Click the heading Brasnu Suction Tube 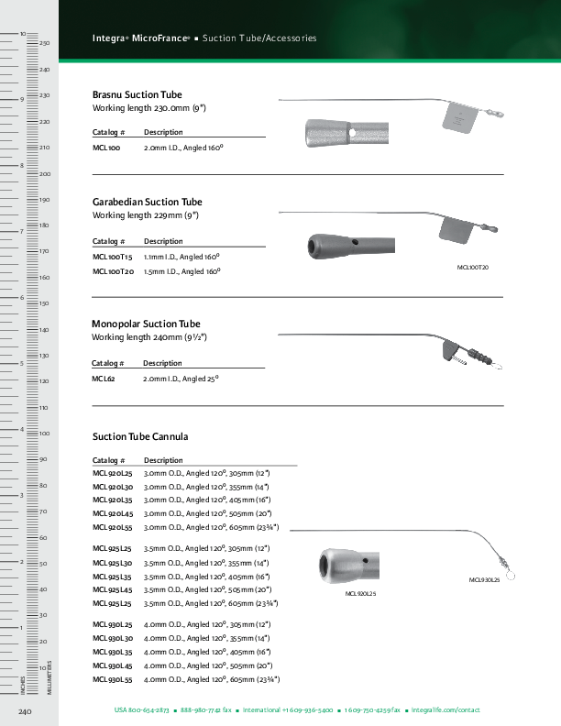click(137, 94)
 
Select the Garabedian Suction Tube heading click(147, 202)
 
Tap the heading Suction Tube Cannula click(139, 436)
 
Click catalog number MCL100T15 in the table click(113, 258)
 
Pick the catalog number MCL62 click(104, 379)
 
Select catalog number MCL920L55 click(113, 528)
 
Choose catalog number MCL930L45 click(113, 665)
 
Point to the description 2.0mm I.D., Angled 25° click(181, 379)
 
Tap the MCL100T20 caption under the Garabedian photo click(472, 267)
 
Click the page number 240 click(26, 711)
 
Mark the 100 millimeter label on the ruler click(44, 434)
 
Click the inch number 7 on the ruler click(21, 231)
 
